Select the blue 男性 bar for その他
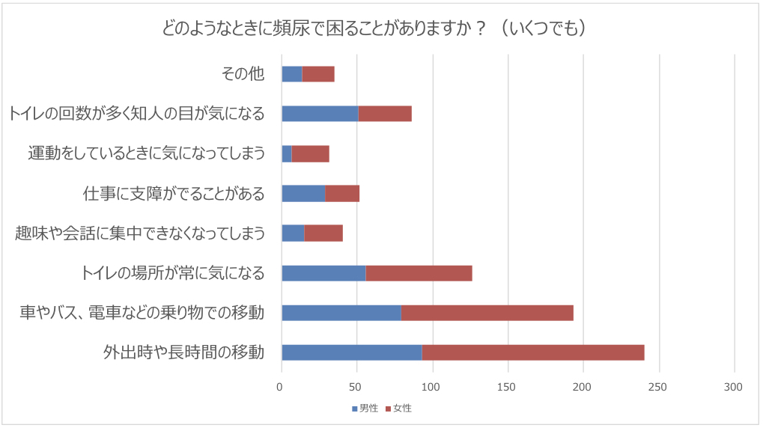(292, 73)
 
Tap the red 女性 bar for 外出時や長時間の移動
(533, 352)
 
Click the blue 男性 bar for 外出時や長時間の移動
(352, 352)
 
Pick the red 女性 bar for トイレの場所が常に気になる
(419, 273)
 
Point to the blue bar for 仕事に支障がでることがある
(303, 193)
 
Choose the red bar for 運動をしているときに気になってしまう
(310, 153)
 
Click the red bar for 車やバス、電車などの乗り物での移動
(487, 313)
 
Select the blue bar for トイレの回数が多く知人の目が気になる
(320, 114)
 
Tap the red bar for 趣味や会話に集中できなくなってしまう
(323, 233)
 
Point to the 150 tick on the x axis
(508, 387)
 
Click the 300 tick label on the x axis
(734, 387)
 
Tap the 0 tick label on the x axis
(281, 387)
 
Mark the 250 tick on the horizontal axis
(658, 387)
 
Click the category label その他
(243, 73)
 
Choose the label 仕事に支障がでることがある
(173, 193)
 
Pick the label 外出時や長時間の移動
(183, 352)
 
